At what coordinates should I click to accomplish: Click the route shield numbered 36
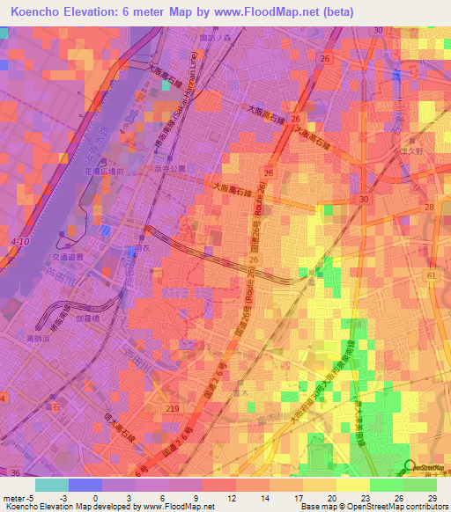pyautogui.click(x=15, y=473)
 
